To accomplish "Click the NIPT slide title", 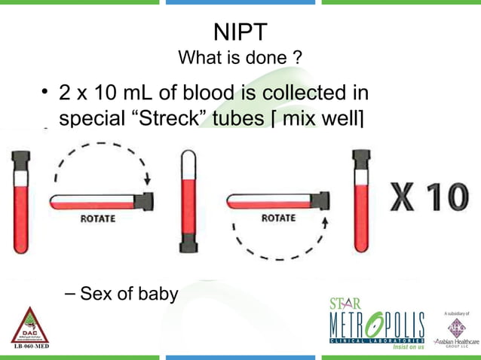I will click(240, 32).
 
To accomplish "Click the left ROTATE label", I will click(98, 219).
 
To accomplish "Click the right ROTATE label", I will click(278, 219).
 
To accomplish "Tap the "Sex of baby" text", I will click(129, 292).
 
